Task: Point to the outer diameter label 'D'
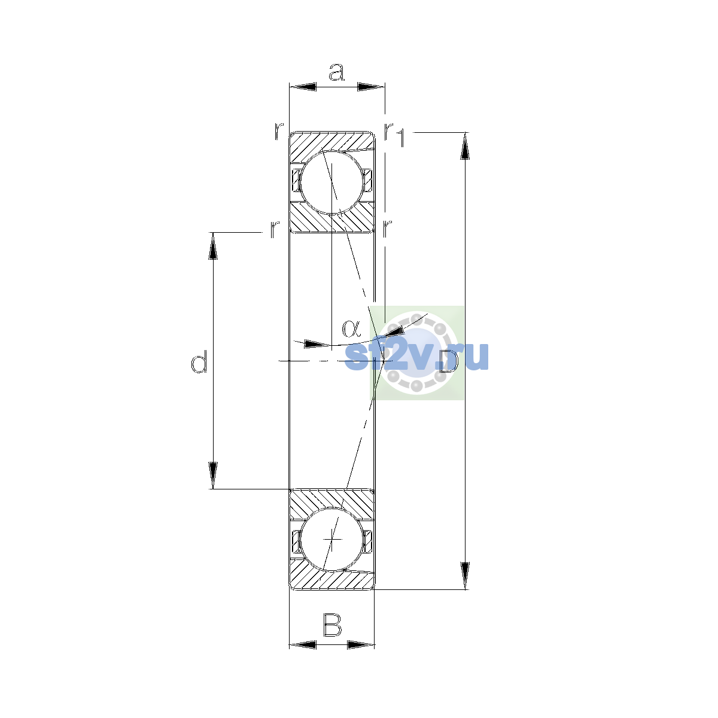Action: click(448, 361)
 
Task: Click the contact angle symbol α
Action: click(351, 328)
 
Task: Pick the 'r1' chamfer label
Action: click(395, 135)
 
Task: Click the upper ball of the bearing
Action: click(331, 182)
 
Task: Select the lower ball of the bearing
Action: click(331, 539)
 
